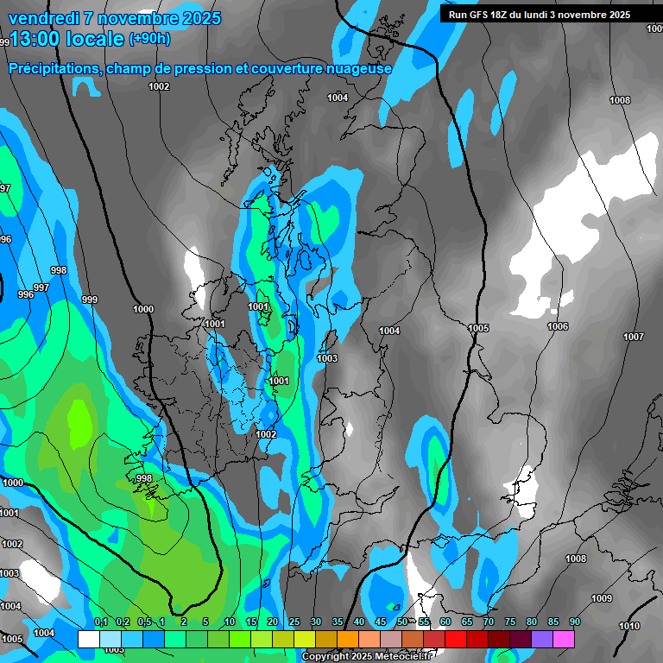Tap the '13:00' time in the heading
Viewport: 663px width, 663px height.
[x=36, y=40]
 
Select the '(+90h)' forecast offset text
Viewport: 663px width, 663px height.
[x=149, y=39]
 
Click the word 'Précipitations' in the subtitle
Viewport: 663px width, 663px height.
[x=53, y=68]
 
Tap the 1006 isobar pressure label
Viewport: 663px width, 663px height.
[x=558, y=326]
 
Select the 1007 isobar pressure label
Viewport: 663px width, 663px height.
[x=634, y=337]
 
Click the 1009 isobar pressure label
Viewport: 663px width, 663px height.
[x=602, y=598]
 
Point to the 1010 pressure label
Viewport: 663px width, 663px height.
[x=630, y=626]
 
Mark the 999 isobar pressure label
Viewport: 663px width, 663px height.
[x=89, y=300]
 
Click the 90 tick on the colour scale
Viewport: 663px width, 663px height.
[x=574, y=622]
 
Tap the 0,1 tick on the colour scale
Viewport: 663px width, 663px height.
[x=100, y=622]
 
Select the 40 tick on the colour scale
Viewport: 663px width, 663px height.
[x=358, y=622]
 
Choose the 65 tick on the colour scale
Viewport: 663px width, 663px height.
[x=466, y=622]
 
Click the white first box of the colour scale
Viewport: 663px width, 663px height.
[x=88, y=639]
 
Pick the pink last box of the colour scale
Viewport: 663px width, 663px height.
[x=564, y=639]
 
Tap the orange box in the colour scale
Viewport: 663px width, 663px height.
[x=348, y=639]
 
